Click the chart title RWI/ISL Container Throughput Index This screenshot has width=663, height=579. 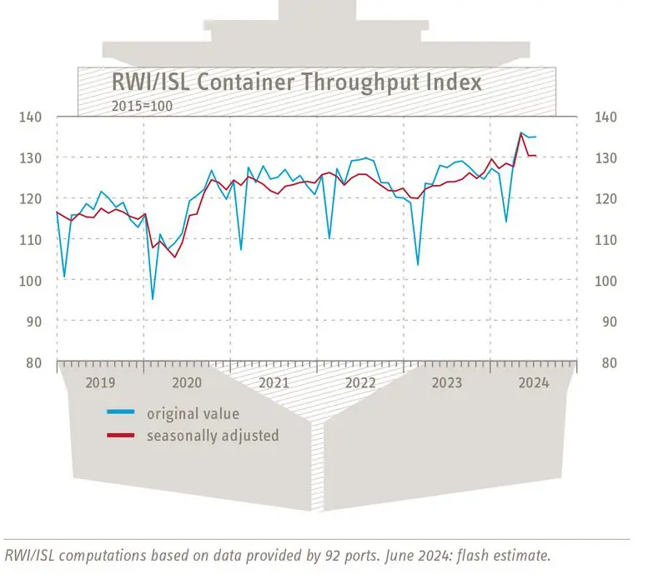[x=296, y=83]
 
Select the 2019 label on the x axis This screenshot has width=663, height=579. [x=99, y=382]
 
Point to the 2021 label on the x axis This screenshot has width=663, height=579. [x=274, y=382]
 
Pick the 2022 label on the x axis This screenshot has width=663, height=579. [x=360, y=382]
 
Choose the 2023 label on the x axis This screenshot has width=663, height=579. [x=447, y=382]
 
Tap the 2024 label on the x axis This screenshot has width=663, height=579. [x=534, y=382]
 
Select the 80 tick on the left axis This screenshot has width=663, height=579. [x=34, y=362]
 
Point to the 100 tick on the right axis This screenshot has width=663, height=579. [x=605, y=281]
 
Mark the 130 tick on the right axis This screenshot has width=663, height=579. [x=605, y=158]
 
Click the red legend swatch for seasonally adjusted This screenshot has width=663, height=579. [x=121, y=435]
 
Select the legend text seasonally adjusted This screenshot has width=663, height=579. [x=213, y=435]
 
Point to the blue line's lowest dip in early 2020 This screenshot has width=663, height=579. [x=152, y=298]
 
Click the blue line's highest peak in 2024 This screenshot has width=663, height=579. [x=521, y=132]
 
